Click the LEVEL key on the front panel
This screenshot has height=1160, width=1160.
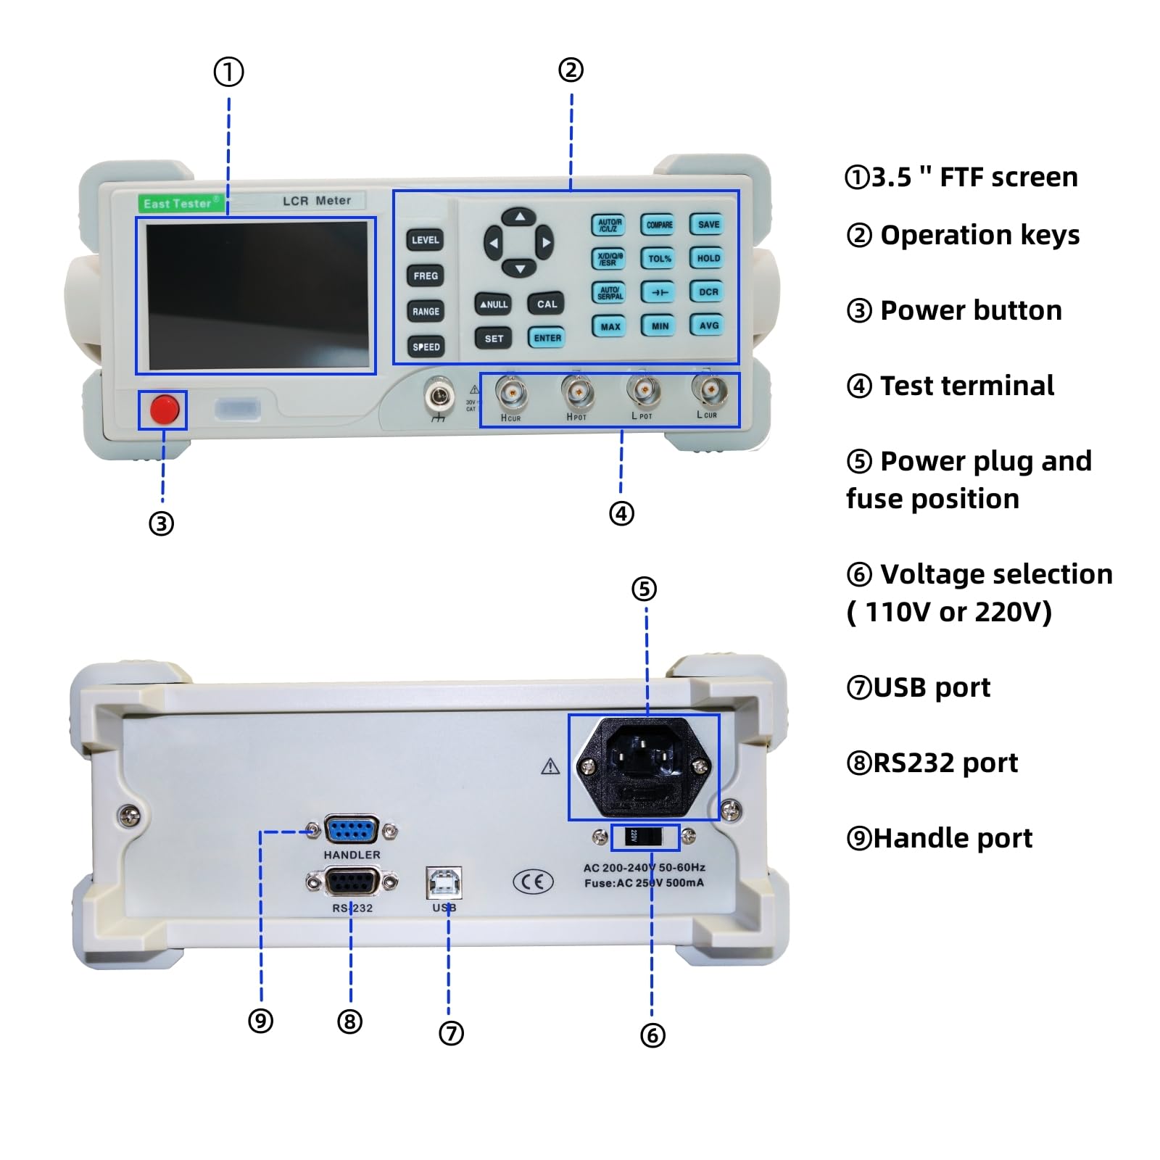425,240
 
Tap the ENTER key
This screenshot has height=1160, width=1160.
547,338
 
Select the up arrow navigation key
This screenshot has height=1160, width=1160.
520,217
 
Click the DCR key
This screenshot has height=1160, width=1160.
708,292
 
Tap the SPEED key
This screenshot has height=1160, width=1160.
426,347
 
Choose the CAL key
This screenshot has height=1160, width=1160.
547,304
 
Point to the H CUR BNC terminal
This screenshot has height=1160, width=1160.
511,394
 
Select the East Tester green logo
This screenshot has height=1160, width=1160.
179,204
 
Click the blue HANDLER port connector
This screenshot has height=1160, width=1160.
352,831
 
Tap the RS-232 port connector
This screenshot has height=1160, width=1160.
352,882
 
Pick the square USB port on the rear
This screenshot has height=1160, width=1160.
444,882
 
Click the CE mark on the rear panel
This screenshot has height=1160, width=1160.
533,882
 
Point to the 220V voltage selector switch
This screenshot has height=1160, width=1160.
645,837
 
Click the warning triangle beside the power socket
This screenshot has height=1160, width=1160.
550,766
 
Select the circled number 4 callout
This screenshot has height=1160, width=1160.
621,513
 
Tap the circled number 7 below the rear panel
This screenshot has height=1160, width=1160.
451,1033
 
